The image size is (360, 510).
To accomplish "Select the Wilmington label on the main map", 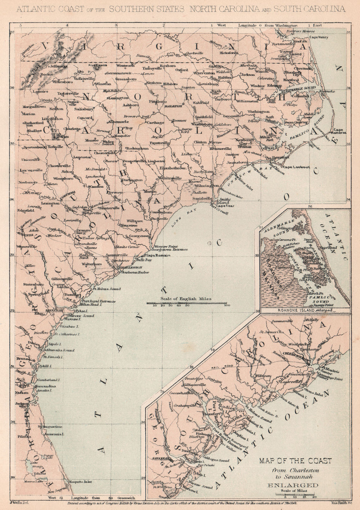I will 206,186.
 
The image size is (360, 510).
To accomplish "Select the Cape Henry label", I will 318,37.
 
